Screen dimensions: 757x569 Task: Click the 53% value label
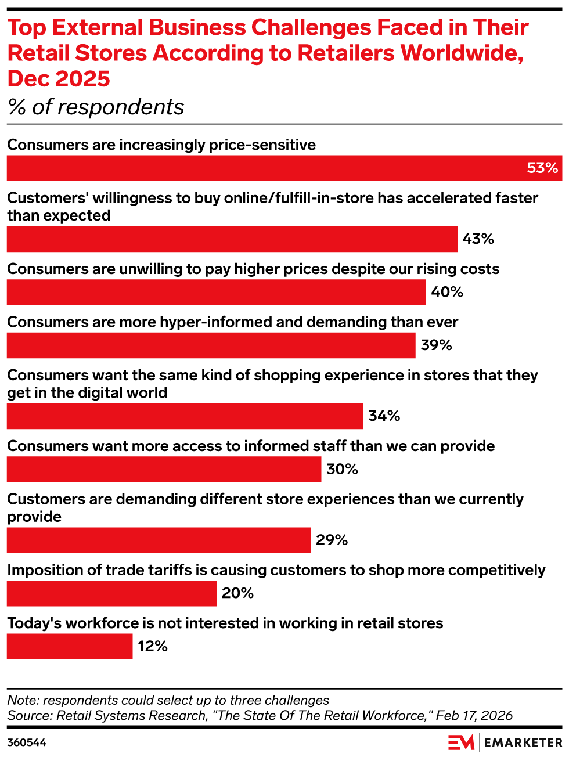542,168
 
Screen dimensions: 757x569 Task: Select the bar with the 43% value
232,239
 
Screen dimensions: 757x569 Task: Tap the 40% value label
446,292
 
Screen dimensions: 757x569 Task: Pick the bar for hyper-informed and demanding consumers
211,345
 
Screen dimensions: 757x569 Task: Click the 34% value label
384,416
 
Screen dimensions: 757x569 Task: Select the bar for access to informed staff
164,469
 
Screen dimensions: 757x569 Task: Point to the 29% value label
332,540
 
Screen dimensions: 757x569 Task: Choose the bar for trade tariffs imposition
111,593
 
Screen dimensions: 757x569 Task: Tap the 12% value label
153,646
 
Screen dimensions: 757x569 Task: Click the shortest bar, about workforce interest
70,646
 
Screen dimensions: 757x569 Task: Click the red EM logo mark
461,742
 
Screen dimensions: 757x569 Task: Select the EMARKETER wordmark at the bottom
523,742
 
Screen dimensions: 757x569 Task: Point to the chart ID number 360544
27,742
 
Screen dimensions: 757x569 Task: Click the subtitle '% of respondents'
96,107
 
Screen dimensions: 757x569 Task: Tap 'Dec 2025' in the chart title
59,78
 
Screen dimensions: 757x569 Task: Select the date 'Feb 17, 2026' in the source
474,715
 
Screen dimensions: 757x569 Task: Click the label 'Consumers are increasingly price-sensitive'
161,145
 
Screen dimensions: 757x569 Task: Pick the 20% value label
237,593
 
